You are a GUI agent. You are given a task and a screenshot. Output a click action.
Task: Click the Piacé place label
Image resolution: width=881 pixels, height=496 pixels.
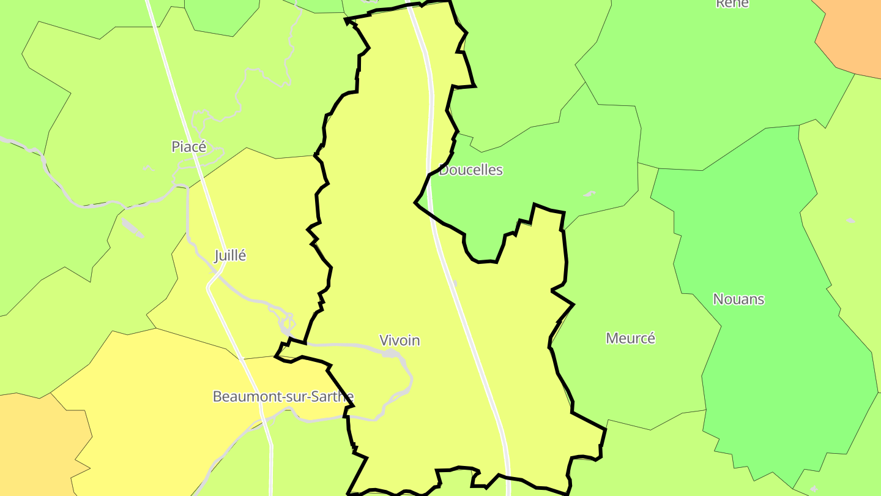(x=189, y=147)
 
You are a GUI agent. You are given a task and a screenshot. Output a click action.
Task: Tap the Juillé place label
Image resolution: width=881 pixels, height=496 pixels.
(x=230, y=256)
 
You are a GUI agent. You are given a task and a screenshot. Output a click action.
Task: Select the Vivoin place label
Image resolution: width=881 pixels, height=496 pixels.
(x=400, y=340)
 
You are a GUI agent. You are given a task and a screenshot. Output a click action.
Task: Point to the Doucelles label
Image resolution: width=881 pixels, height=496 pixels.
(x=470, y=170)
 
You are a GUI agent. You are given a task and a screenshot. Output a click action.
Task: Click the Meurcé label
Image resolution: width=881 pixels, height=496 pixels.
(x=630, y=338)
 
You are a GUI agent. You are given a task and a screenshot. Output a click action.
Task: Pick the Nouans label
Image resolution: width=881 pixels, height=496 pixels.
(x=738, y=299)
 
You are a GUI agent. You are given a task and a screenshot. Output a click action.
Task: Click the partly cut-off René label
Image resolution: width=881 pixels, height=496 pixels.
(x=732, y=4)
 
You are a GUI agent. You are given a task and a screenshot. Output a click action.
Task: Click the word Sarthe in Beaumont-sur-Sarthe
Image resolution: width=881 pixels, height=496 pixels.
(x=333, y=397)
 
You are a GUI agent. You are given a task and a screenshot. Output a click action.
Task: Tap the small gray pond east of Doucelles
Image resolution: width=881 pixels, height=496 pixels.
(x=589, y=194)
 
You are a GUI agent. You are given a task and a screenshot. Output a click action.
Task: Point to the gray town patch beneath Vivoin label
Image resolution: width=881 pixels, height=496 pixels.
(x=390, y=353)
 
